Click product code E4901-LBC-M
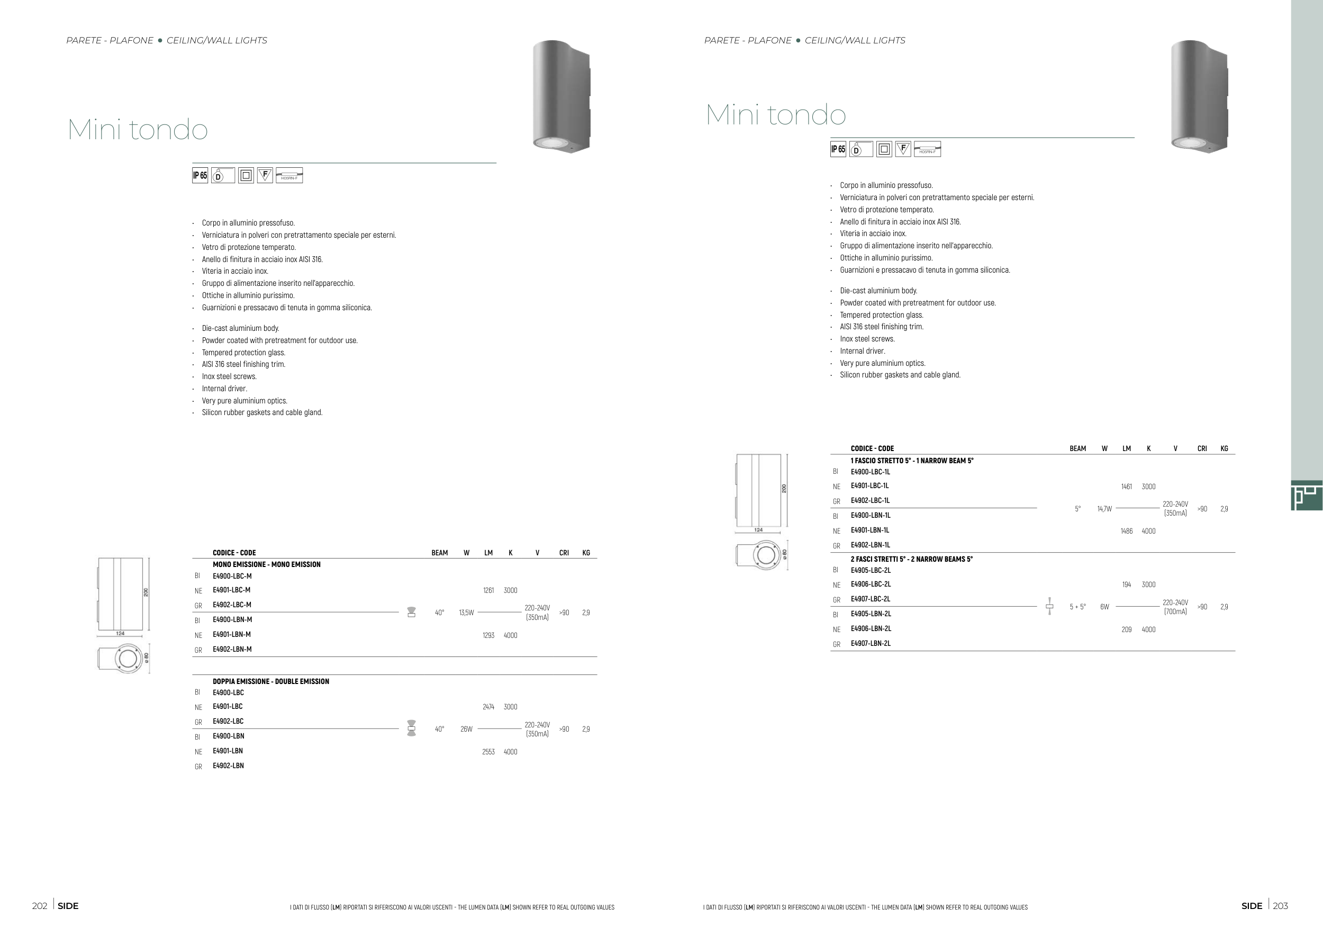[231, 590]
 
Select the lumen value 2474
[488, 707]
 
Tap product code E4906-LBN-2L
[871, 629]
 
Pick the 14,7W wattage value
[1104, 509]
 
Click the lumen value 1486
[1126, 531]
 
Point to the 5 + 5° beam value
[1077, 607]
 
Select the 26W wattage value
[466, 729]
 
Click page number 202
[39, 906]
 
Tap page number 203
[1280, 906]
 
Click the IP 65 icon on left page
[200, 175]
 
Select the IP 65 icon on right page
[838, 149]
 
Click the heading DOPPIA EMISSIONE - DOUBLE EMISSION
[271, 681]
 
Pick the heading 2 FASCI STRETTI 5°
[911, 559]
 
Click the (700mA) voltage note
[1175, 611]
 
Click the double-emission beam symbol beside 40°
[411, 728]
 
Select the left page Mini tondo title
[138, 129]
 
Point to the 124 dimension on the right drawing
[758, 529]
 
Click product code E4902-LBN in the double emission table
[228, 766]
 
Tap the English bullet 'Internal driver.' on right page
[862, 351]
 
